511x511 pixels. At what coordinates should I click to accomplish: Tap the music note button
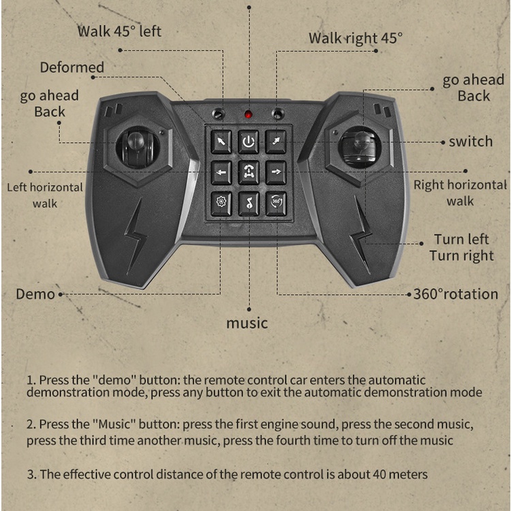click(249, 204)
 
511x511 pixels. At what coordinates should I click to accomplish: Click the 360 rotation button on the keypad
click(276, 204)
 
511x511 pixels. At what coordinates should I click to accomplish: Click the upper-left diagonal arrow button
click(221, 142)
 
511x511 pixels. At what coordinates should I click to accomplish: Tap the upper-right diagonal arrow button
click(276, 142)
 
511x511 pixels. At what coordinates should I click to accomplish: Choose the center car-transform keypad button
click(249, 172)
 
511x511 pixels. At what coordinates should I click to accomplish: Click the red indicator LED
click(248, 114)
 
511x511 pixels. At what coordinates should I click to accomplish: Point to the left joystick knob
click(136, 141)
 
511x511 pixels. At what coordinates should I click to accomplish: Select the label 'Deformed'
click(72, 67)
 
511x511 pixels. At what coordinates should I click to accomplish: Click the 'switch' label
click(471, 142)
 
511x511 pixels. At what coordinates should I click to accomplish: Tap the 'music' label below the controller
click(247, 323)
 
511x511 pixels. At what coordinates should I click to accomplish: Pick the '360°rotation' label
click(456, 294)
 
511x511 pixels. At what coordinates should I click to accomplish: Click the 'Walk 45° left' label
click(119, 31)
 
